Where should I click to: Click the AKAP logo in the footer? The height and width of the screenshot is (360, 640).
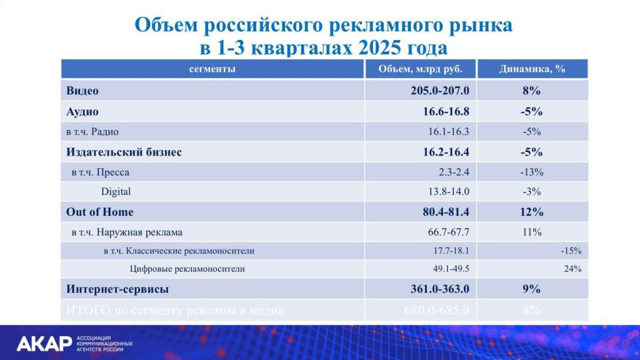coord(74,344)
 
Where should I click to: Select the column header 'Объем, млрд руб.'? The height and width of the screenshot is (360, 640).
coord(420,69)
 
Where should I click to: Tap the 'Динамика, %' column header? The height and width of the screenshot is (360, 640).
coord(532,69)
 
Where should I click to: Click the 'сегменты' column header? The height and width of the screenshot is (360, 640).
coord(212,69)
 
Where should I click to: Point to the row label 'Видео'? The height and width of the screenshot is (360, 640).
coord(82,91)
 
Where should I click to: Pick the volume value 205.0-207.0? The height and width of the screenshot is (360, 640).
coord(440,91)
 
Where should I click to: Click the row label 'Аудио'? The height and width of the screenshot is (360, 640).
coord(82,112)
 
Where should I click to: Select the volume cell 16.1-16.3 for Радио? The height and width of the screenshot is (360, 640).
coord(449,132)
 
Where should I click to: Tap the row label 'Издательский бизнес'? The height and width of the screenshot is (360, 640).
coord(124,152)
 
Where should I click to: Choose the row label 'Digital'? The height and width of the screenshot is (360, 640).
coord(116,192)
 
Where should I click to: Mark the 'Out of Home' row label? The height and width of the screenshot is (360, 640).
coord(100,212)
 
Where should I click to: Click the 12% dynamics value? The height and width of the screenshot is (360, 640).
coord(531,212)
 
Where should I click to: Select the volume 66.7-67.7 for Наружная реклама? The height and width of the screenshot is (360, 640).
coord(448,232)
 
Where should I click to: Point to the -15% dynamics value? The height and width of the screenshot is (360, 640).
coord(571,251)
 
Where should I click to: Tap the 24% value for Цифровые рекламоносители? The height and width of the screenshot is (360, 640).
coord(573,269)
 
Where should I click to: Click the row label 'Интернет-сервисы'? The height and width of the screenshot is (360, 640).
coord(117,289)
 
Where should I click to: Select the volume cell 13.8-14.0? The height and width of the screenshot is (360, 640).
coord(449,192)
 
